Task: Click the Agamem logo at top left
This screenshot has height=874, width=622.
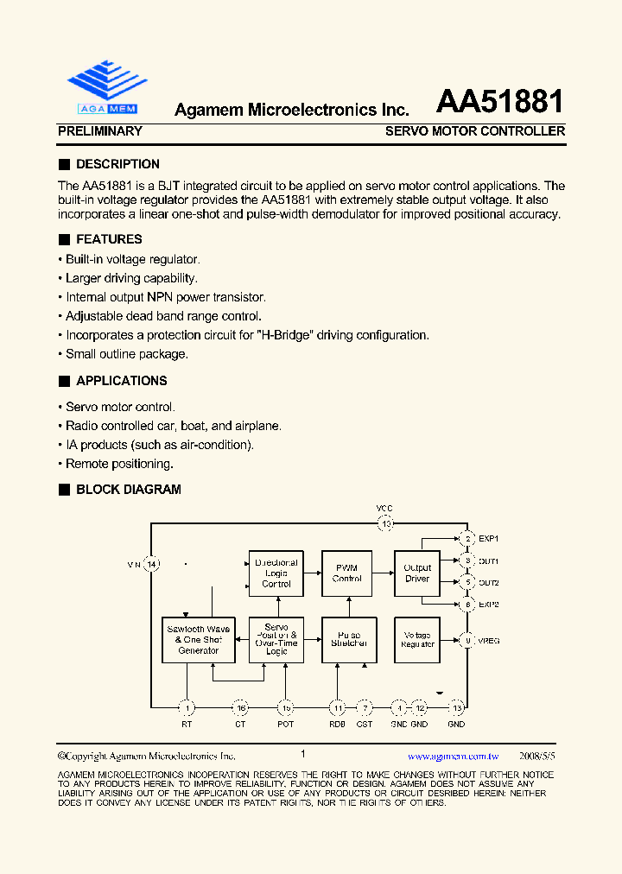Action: click(x=103, y=87)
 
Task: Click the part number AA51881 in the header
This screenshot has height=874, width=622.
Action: click(x=499, y=102)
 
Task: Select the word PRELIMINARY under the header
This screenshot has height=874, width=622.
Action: click(x=99, y=131)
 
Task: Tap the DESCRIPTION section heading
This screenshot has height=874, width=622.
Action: click(x=117, y=164)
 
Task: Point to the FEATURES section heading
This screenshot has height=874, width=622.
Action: click(x=109, y=239)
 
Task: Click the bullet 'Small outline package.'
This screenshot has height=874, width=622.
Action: click(x=126, y=353)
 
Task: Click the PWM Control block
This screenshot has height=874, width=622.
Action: click(x=347, y=573)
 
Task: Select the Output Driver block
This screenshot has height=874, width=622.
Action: click(x=417, y=573)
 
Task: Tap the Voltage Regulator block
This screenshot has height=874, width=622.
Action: click(x=417, y=640)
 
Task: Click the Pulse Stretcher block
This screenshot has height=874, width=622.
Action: click(x=349, y=640)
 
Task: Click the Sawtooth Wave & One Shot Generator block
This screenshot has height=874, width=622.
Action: click(x=199, y=640)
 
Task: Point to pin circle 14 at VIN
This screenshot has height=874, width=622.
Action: click(x=152, y=565)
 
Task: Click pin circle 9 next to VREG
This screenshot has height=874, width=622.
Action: click(x=467, y=641)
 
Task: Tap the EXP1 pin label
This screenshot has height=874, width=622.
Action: click(x=489, y=539)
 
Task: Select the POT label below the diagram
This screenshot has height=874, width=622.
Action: click(x=285, y=724)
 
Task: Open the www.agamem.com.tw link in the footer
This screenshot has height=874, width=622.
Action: click(x=454, y=756)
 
